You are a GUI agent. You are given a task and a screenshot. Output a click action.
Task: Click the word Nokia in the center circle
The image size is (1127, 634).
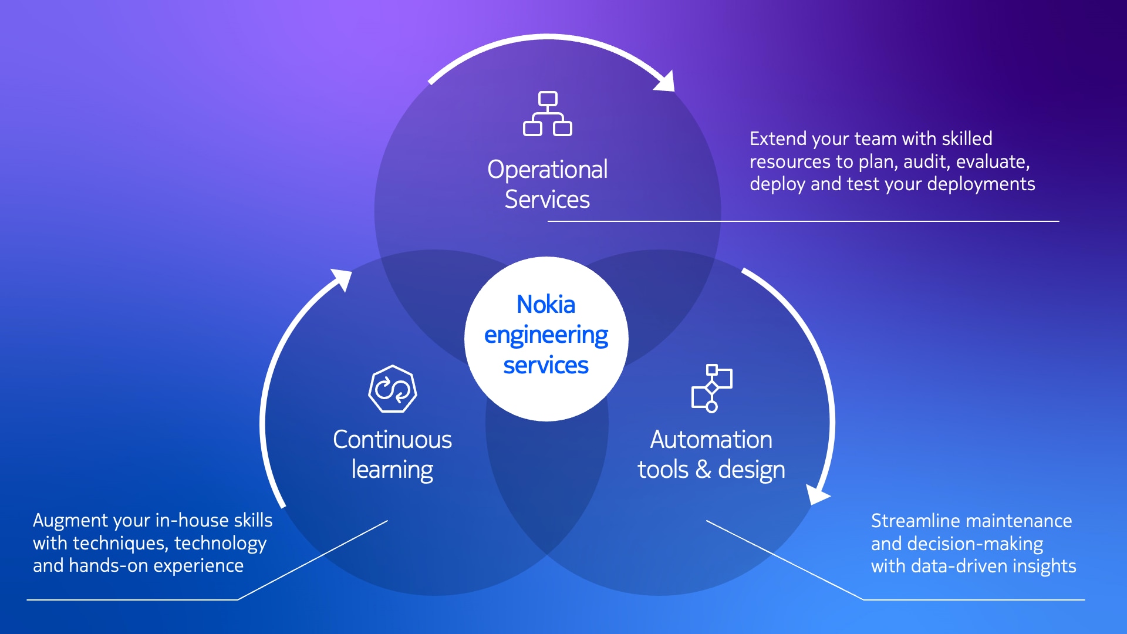tap(546, 305)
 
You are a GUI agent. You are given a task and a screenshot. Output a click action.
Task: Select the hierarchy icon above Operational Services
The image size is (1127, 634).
tap(548, 113)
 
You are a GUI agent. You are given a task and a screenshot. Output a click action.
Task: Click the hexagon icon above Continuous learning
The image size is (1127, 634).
tap(393, 389)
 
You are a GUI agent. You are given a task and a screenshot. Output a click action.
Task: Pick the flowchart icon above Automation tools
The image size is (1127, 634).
tap(712, 389)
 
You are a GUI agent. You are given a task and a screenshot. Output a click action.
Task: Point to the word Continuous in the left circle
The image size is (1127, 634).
tap(392, 440)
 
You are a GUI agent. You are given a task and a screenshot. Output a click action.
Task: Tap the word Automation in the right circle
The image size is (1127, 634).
tap(711, 440)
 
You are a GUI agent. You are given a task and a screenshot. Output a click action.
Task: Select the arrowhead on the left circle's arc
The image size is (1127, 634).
tap(342, 279)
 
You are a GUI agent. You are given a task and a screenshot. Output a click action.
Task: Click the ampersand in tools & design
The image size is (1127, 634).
tap(703, 470)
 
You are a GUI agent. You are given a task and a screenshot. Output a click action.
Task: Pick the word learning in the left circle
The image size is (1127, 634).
tap(392, 471)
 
